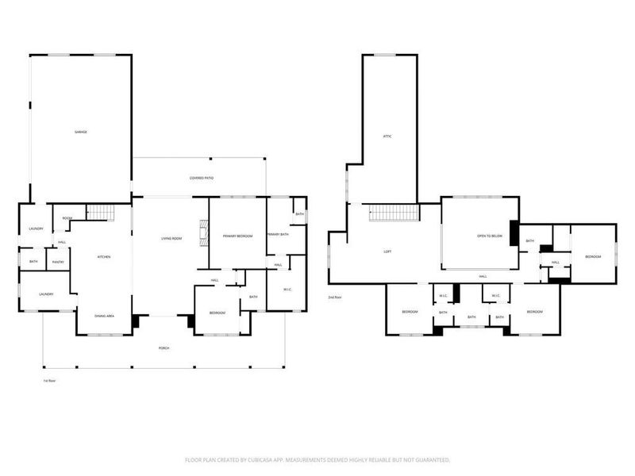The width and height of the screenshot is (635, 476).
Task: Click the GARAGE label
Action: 81,132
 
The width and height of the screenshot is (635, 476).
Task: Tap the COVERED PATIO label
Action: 201,178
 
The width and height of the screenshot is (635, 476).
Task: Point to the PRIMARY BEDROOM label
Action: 237,236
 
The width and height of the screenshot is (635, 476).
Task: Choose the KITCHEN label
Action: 104,257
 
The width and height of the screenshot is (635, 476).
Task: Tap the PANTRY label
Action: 58,262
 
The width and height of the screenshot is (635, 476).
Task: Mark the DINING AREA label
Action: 104,317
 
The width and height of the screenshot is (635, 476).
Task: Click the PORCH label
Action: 164,348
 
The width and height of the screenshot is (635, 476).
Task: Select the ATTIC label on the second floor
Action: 387,136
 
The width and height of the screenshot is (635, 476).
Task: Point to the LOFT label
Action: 387,251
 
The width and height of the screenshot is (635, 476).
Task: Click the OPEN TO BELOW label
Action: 489,236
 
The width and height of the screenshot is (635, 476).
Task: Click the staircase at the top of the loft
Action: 393,213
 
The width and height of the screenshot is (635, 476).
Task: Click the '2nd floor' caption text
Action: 334,297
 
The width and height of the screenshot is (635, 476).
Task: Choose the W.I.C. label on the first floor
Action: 287,289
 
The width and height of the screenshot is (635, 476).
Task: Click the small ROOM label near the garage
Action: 67,218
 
